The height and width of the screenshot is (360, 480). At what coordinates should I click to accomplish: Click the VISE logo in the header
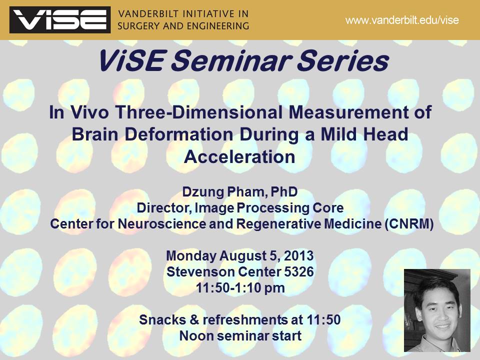click(60, 19)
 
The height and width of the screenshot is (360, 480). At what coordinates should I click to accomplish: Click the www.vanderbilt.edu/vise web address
click(402, 20)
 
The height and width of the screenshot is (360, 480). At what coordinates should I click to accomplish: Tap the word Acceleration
click(239, 156)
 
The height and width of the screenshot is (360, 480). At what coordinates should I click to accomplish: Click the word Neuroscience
click(161, 224)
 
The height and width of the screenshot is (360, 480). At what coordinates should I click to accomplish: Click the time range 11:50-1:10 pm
click(240, 288)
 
